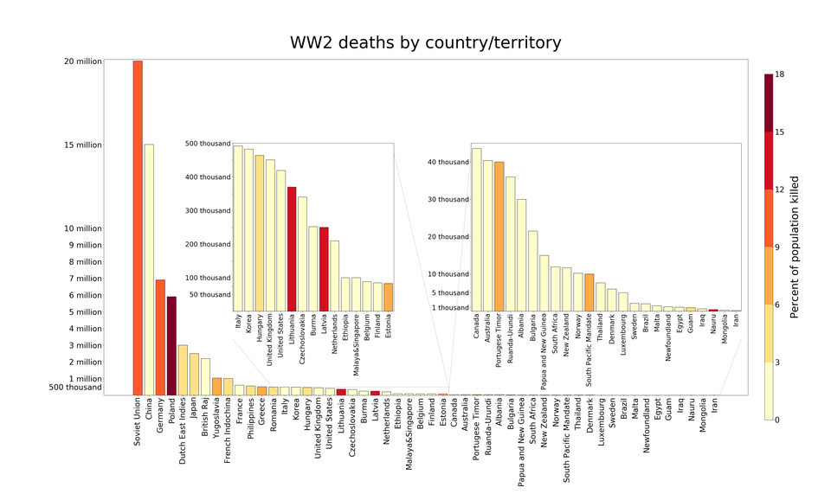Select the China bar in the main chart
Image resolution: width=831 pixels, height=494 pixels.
pyautogui.click(x=149, y=269)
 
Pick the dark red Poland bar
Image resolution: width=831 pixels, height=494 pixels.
pyautogui.click(x=171, y=345)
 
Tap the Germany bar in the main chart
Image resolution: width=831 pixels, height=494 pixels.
pyautogui.click(x=160, y=337)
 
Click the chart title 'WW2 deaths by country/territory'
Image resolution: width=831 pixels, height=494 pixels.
pyautogui.click(x=425, y=42)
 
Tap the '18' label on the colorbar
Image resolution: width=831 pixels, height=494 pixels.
pyautogui.click(x=780, y=75)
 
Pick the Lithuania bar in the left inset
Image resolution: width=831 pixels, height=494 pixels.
pyautogui.click(x=292, y=248)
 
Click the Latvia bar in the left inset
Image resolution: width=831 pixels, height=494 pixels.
pyautogui.click(x=324, y=268)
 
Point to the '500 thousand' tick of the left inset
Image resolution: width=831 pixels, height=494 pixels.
pyautogui.click(x=208, y=144)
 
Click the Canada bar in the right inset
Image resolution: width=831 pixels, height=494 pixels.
pyautogui.click(x=476, y=229)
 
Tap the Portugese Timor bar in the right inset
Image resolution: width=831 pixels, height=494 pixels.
pyautogui.click(x=499, y=236)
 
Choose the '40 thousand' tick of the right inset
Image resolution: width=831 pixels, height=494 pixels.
pyautogui.click(x=448, y=162)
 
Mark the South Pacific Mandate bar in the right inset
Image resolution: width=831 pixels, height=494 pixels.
pyautogui.click(x=589, y=292)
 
